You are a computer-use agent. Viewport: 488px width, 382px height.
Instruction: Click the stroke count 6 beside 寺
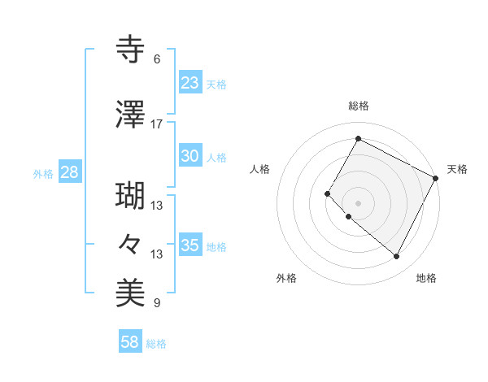(156, 59)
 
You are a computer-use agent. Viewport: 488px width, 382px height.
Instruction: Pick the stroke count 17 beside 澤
(157, 124)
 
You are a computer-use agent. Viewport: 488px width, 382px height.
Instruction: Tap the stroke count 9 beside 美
(156, 303)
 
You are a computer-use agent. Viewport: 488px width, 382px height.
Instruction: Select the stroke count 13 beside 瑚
(157, 206)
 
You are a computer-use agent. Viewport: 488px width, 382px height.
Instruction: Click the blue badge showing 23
(190, 83)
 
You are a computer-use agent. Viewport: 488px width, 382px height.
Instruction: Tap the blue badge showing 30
(190, 157)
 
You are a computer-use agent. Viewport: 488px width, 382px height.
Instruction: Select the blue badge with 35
(190, 245)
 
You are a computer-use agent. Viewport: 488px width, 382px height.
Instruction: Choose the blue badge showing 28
(69, 172)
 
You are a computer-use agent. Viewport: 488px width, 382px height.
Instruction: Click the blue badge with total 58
(129, 343)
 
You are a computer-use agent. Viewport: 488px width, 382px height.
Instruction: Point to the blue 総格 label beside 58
(156, 344)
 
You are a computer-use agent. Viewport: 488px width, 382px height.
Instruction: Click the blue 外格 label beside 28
(43, 173)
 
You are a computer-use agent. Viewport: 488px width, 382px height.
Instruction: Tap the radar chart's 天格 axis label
(457, 169)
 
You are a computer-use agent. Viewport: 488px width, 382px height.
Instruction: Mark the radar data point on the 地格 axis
(396, 257)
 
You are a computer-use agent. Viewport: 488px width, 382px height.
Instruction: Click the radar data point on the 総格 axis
(358, 138)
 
